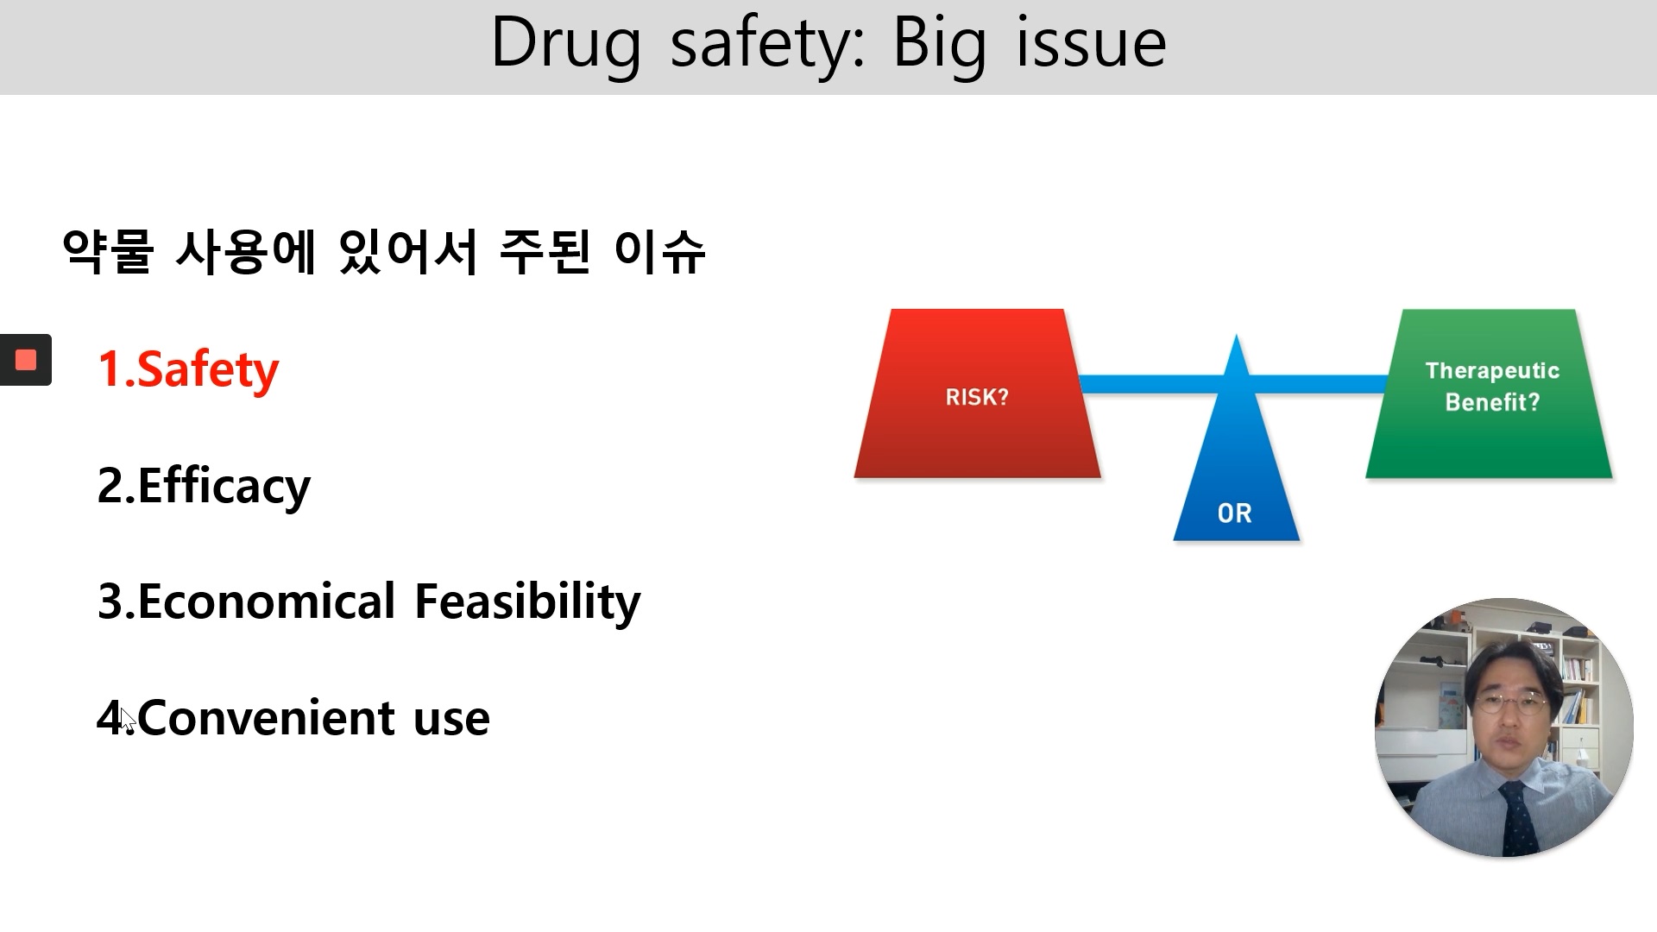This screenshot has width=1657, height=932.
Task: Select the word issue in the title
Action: click(1091, 43)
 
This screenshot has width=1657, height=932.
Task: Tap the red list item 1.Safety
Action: click(188, 369)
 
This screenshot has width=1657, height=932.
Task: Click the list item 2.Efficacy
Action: click(204, 486)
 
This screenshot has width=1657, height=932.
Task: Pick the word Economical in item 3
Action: click(266, 601)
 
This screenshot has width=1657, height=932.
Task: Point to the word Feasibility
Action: click(527, 601)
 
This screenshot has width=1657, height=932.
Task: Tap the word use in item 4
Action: click(451, 719)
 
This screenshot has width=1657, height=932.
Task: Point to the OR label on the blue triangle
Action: click(1234, 513)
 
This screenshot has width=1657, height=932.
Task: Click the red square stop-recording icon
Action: click(26, 360)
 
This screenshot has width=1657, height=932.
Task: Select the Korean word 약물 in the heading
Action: click(108, 252)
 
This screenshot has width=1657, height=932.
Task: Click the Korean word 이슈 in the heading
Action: click(659, 252)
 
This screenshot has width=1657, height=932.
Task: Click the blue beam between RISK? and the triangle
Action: click(1148, 385)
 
